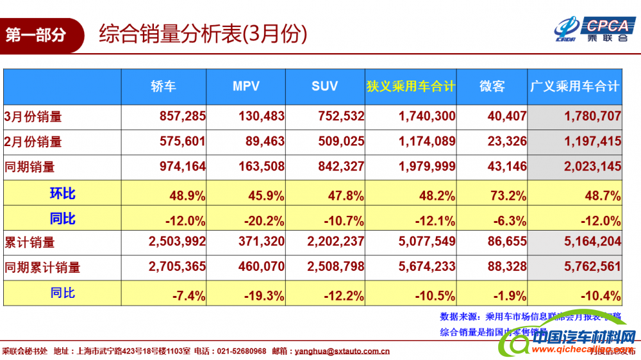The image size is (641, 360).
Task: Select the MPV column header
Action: click(x=246, y=86)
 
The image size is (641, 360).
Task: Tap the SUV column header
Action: click(x=324, y=86)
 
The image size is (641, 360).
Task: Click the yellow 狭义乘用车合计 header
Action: click(x=411, y=86)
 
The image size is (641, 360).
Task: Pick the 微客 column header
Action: click(x=492, y=86)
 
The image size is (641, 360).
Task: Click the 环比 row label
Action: click(x=62, y=193)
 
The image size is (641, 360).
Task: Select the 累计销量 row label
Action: click(x=29, y=242)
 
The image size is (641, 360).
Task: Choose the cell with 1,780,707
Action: click(x=593, y=117)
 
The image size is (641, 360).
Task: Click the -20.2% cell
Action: click(x=264, y=221)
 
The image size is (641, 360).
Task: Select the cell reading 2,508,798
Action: click(x=336, y=267)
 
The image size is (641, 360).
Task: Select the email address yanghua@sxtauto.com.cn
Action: click(x=342, y=351)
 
